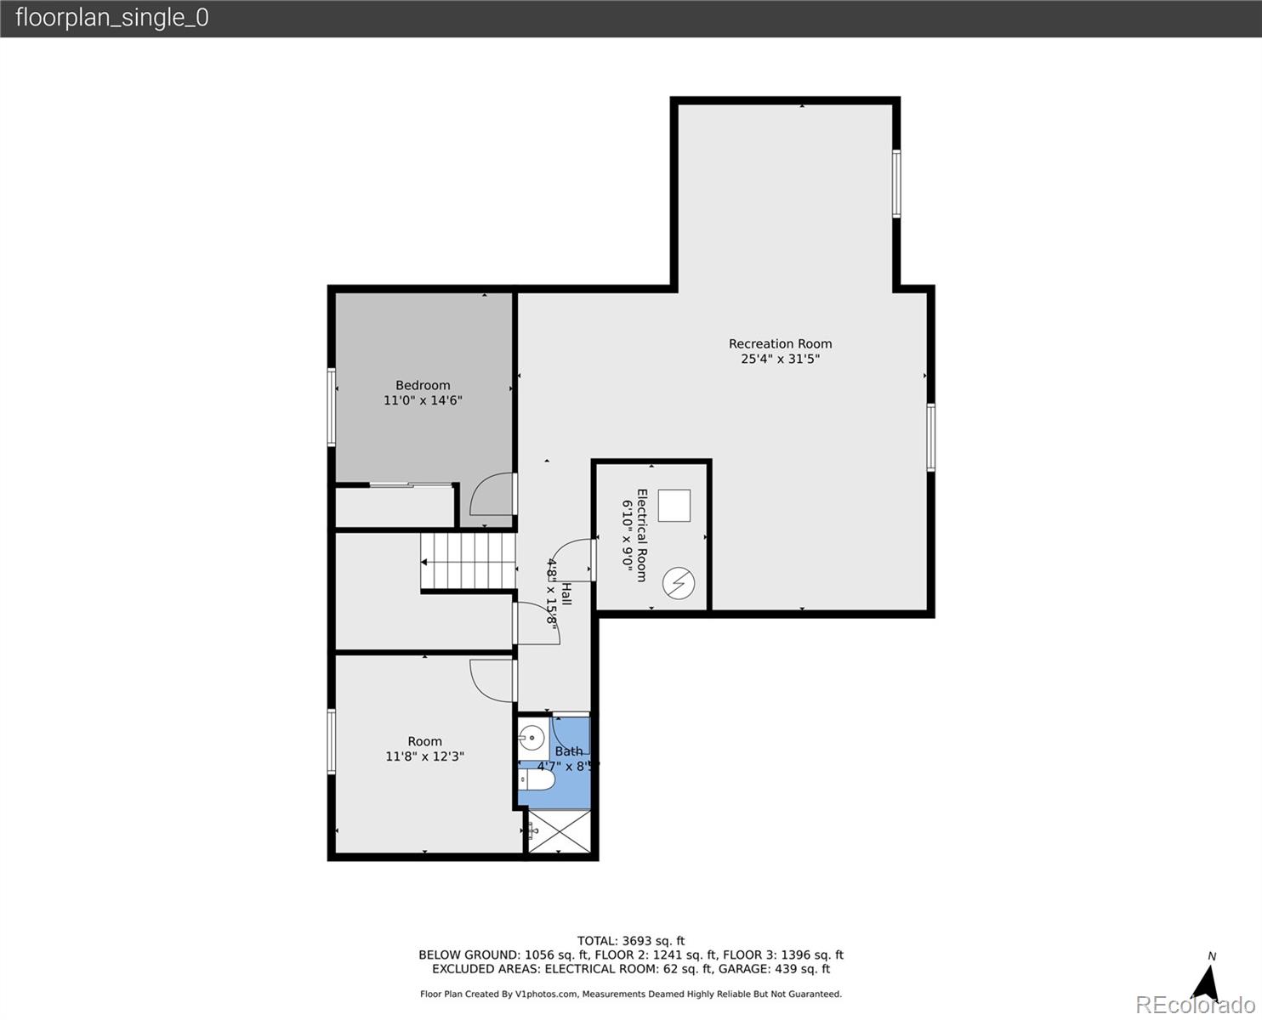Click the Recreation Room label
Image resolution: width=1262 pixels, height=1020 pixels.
click(780, 344)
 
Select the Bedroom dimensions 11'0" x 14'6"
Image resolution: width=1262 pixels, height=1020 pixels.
click(423, 400)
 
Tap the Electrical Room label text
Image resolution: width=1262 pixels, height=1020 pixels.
click(642, 535)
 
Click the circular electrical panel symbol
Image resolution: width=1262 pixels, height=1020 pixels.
click(679, 583)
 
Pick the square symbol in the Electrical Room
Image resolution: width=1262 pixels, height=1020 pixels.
click(674, 506)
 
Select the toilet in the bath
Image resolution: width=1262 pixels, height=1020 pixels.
click(537, 779)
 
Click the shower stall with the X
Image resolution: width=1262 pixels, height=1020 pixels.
click(560, 831)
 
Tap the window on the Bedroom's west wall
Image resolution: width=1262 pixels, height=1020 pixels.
click(332, 407)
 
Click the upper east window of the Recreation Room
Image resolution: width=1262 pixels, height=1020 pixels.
click(896, 184)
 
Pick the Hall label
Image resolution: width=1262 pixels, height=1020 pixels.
click(566, 593)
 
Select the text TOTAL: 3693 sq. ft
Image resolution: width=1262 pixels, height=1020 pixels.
click(630, 941)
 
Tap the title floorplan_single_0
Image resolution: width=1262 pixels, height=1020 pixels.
click(111, 18)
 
